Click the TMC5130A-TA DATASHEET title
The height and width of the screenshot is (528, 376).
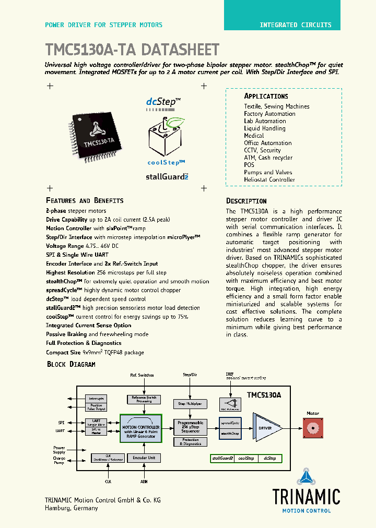132,50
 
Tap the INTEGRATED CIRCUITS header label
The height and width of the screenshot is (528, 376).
295,25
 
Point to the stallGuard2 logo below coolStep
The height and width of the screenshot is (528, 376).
167,177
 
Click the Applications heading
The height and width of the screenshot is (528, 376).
266,97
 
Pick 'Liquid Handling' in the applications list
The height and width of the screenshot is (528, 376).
264,128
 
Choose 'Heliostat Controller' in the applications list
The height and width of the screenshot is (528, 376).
269,179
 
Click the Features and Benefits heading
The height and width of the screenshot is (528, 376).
85,201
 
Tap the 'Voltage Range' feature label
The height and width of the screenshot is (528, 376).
63,246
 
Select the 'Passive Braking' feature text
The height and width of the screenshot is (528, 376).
66,334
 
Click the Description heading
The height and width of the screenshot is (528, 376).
246,201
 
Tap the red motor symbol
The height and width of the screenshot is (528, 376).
312,428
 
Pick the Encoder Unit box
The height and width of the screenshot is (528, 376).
144,458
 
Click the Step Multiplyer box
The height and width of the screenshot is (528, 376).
190,404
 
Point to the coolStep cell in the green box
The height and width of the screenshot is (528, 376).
246,458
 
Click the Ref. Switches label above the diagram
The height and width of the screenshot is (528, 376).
142,375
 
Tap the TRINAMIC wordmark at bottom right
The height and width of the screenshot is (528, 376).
306,496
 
